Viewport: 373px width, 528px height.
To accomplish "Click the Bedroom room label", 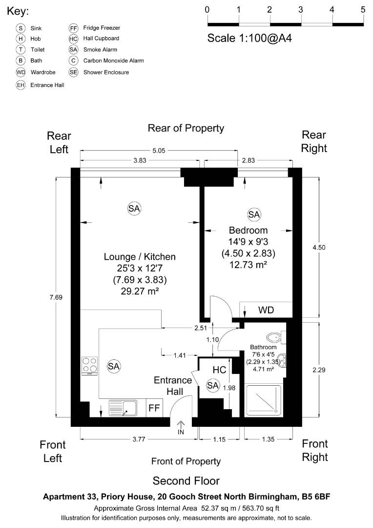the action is [249, 230].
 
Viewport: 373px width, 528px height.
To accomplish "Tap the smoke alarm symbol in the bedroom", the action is [254, 214].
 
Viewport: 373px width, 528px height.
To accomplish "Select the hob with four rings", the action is [89, 365].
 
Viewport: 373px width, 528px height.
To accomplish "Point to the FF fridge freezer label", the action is [154, 407].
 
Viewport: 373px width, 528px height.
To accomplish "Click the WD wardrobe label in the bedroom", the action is [266, 310].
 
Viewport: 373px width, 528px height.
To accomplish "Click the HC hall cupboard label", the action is [219, 370].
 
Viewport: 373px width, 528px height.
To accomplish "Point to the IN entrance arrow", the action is [181, 428].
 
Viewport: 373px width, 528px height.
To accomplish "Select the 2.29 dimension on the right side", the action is [319, 370].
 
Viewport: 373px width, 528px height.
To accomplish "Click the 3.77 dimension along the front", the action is [139, 439].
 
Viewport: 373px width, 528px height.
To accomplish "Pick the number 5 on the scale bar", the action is [363, 9].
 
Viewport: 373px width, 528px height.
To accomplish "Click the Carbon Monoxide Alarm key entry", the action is [113, 61].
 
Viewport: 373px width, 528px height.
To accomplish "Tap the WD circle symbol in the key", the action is [21, 72].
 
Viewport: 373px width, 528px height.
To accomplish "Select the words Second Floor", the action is [186, 480].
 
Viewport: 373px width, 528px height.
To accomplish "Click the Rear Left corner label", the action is [59, 142].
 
